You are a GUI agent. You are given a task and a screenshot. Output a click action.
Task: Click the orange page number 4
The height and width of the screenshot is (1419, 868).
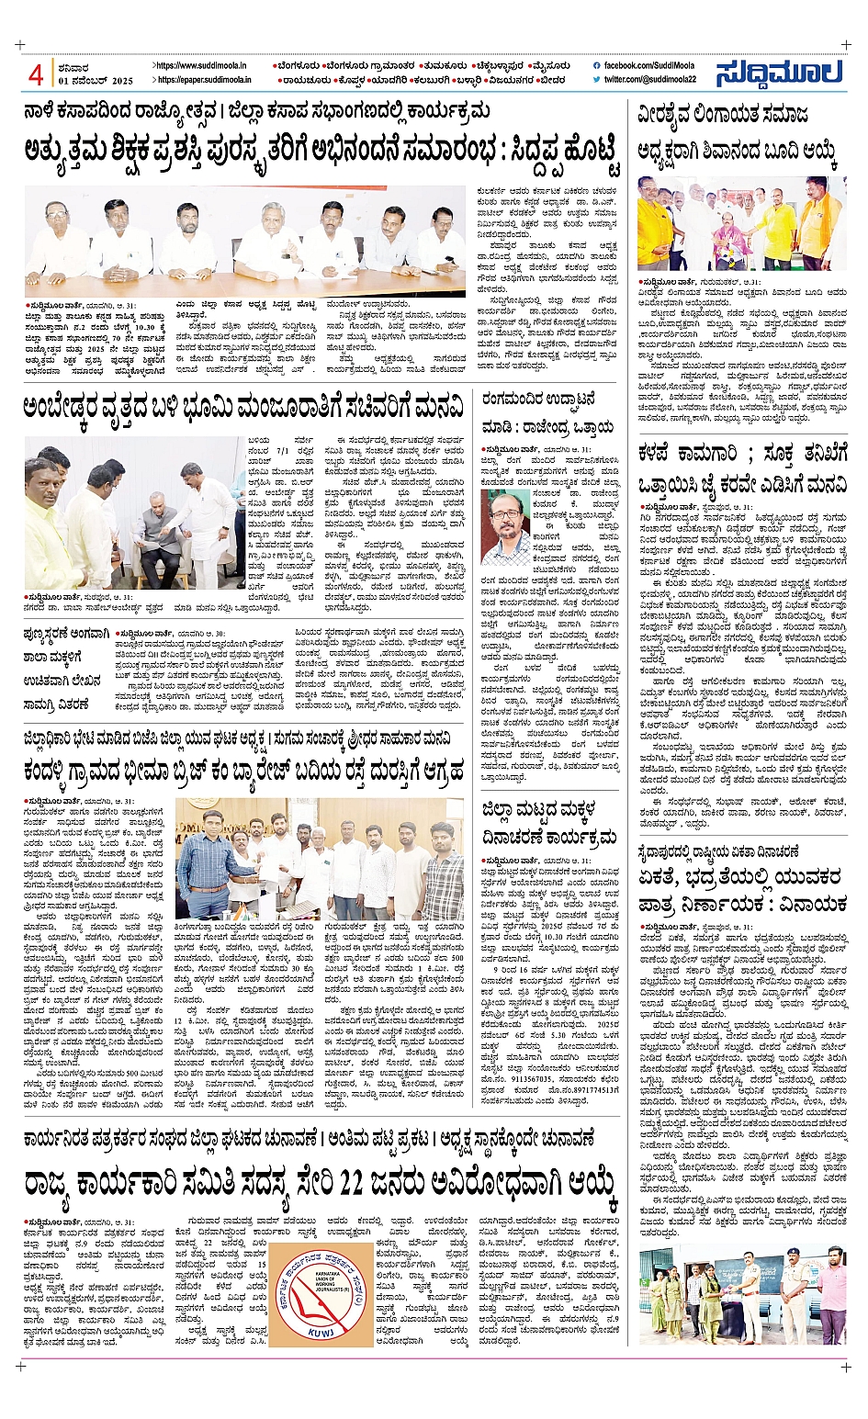(x=36, y=74)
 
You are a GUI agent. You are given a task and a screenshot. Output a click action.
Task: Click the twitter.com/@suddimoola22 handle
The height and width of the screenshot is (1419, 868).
(x=649, y=80)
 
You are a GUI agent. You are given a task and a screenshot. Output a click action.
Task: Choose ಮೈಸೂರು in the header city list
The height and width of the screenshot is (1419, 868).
(x=547, y=66)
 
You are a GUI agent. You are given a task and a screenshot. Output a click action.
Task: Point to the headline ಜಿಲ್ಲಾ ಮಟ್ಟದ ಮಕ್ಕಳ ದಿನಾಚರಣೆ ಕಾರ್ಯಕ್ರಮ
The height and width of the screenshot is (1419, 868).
(x=549, y=822)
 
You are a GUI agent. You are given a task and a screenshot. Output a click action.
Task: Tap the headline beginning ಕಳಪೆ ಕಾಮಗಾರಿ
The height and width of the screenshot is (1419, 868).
(x=742, y=466)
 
